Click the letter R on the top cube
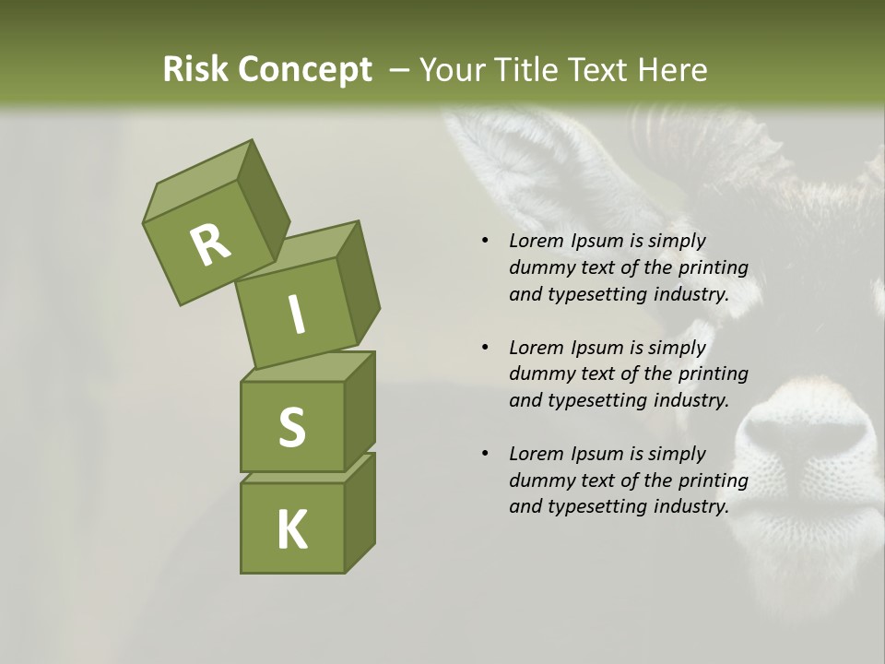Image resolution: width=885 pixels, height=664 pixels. tap(210, 244)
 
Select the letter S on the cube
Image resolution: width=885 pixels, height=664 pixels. tap(291, 427)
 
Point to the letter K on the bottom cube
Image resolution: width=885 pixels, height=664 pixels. tap(291, 529)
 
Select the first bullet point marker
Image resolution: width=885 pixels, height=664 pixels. tap(485, 242)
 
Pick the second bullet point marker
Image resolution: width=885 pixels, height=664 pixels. tap(485, 348)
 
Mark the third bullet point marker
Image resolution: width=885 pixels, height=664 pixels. tap(485, 454)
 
